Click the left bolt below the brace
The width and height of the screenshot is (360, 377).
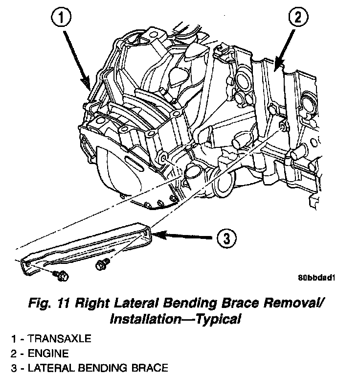tap(62, 275)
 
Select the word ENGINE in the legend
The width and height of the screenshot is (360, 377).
tap(49, 353)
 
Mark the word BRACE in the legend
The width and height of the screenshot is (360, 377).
tap(149, 367)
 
